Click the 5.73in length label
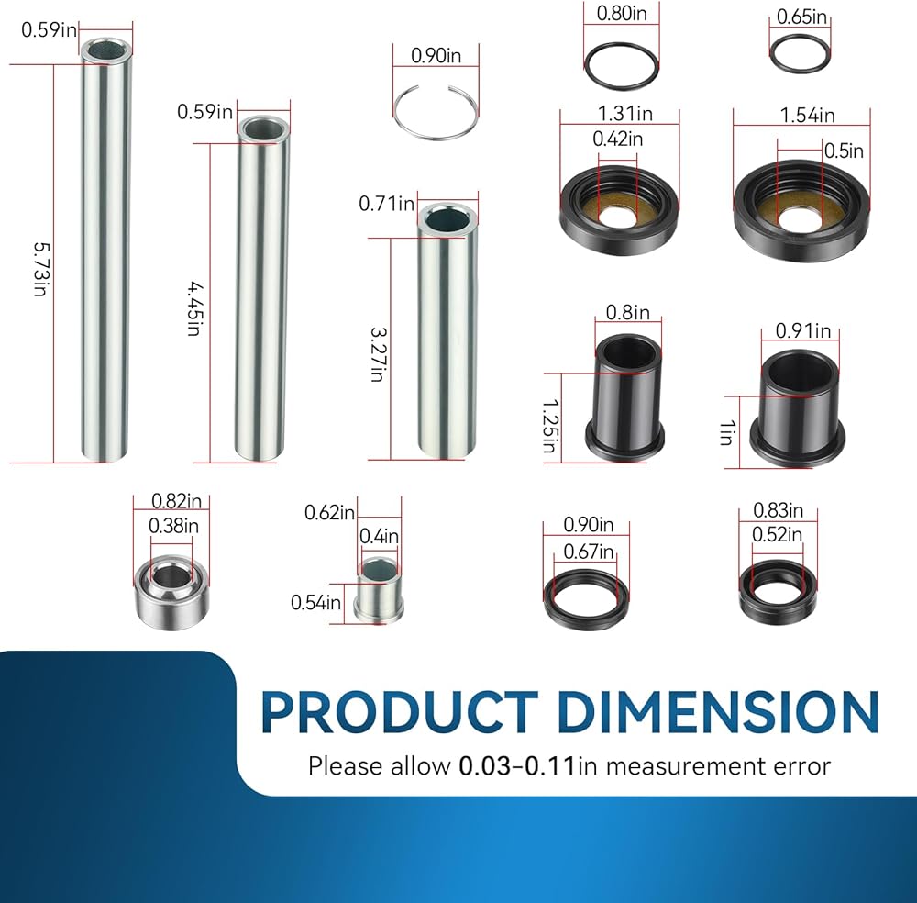[x=41, y=269]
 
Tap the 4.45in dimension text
[x=195, y=308]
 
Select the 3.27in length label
[x=379, y=354]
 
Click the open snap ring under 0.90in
[x=436, y=112]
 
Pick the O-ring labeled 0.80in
[x=622, y=66]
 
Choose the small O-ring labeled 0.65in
[x=800, y=54]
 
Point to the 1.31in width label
[x=624, y=114]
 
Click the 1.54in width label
[x=807, y=116]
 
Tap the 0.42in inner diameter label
[x=617, y=139]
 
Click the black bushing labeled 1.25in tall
[x=625, y=398]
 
